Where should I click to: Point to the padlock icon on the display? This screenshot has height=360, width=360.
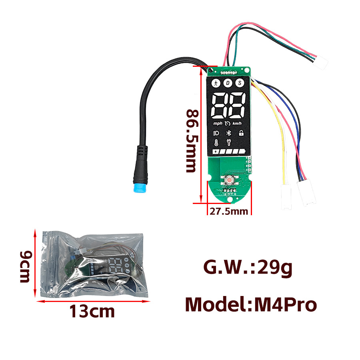click(x=241, y=133)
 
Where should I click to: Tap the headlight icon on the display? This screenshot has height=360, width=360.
click(x=216, y=133)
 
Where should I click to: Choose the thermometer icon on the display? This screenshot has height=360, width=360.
click(x=216, y=143)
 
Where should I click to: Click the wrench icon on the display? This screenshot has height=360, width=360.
click(x=229, y=143)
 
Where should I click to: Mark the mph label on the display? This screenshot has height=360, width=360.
click(x=218, y=124)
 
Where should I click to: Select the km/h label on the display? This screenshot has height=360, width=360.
click(x=238, y=124)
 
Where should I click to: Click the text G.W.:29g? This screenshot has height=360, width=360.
click(x=248, y=268)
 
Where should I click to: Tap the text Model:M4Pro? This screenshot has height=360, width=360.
click(x=251, y=305)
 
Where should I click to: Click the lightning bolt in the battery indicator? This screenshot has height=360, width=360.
click(x=216, y=152)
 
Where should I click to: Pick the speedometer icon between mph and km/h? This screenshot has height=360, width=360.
click(x=228, y=124)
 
